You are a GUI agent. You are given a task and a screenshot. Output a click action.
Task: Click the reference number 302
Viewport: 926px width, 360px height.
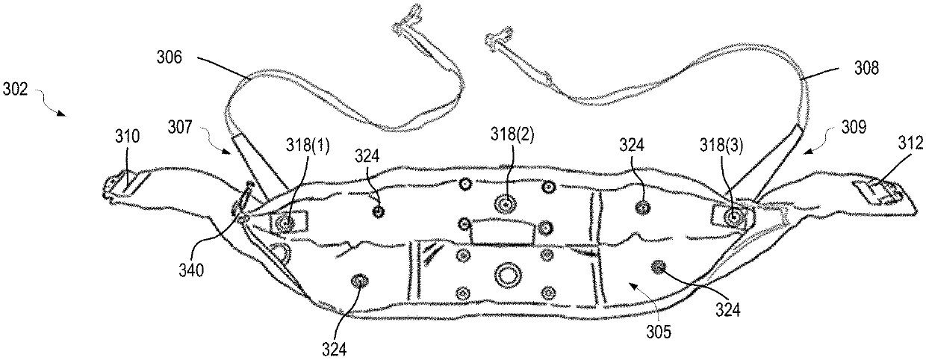15,90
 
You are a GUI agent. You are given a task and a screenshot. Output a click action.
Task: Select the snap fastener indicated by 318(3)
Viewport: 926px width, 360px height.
733,217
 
